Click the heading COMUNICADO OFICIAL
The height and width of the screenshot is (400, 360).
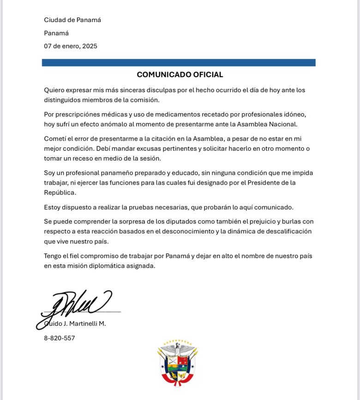tap(180, 75)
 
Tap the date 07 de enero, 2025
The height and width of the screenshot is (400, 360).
tap(71, 46)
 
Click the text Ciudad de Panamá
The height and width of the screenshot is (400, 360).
tap(72, 20)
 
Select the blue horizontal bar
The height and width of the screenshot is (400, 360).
tap(179, 62)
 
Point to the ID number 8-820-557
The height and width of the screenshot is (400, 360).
tap(60, 338)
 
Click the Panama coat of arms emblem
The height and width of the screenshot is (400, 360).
tap(178, 363)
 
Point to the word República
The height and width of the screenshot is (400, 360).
tap(60, 192)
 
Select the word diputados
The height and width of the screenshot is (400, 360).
tap(169, 221)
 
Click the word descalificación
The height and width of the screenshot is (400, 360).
tap(282, 231)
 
